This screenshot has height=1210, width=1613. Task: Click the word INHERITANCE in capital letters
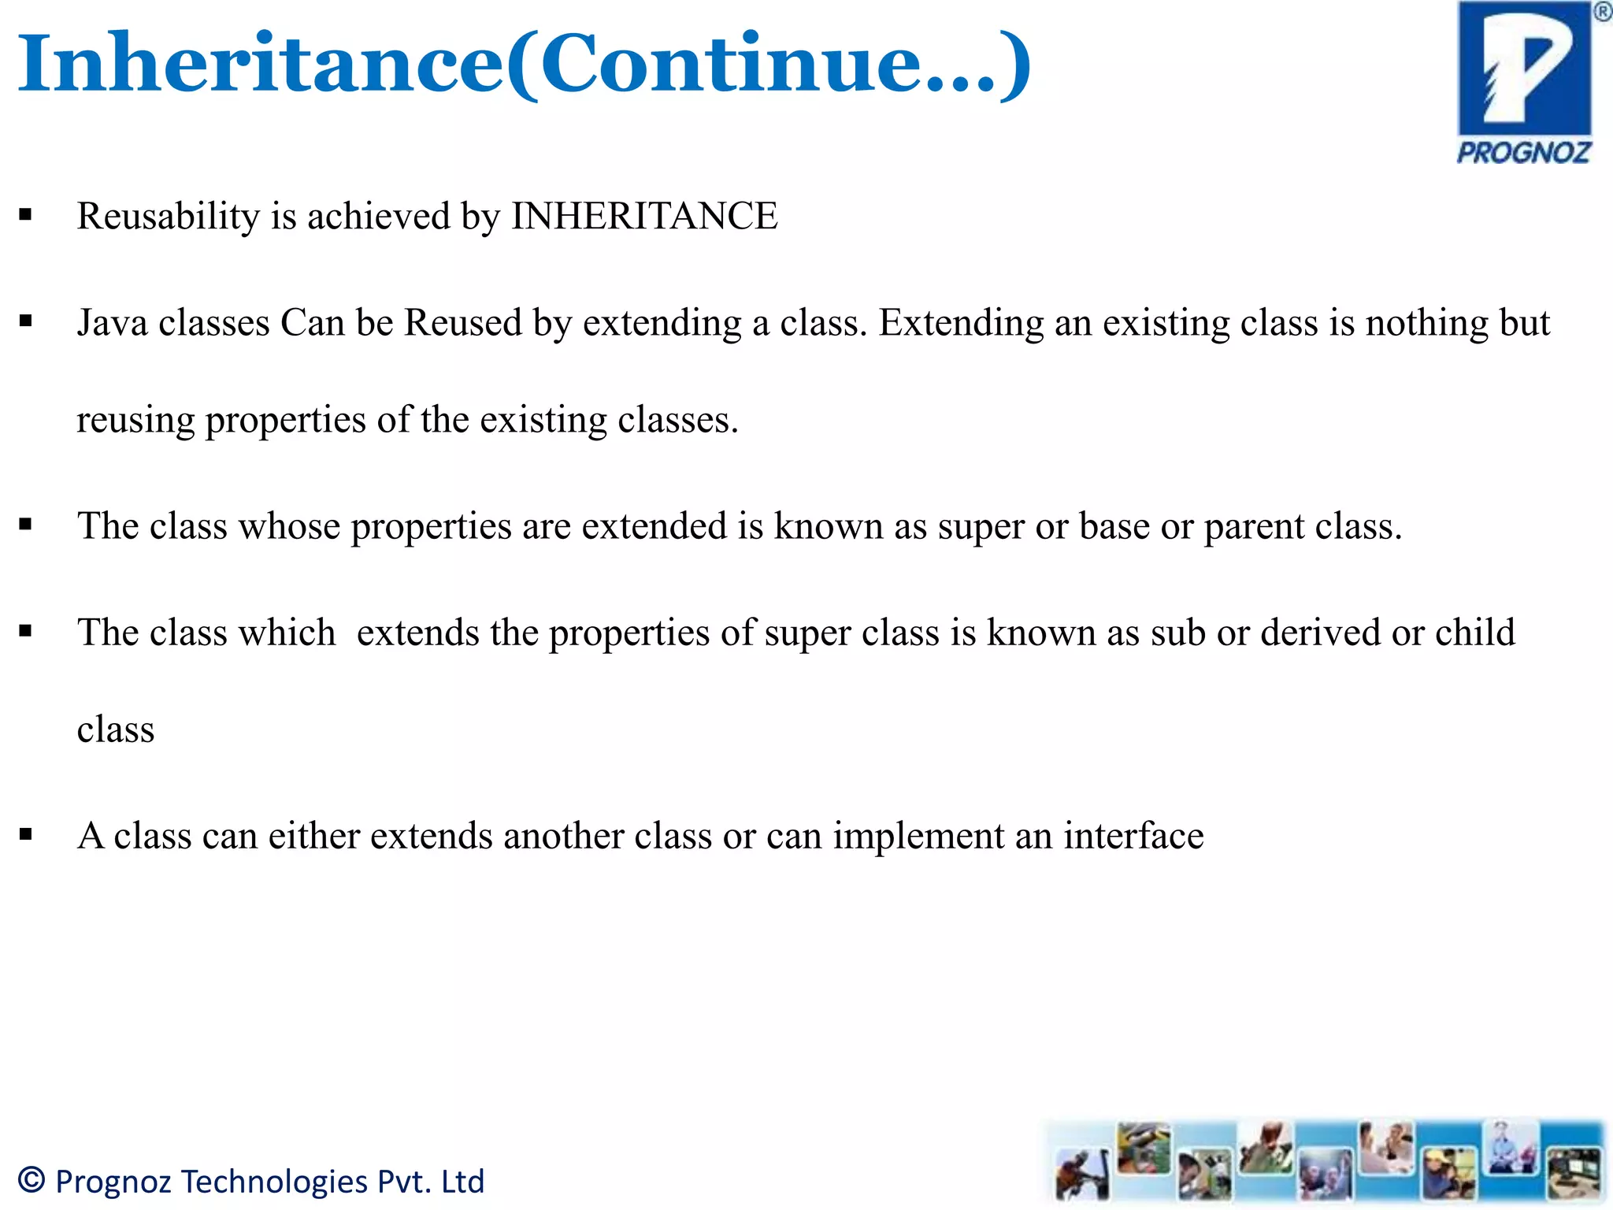[x=644, y=217]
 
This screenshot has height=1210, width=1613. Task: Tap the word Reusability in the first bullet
[x=168, y=217]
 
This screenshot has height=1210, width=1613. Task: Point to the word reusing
[x=135, y=421]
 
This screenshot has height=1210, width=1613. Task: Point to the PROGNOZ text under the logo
[x=1523, y=153]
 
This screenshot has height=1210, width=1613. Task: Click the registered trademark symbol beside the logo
[x=1602, y=12]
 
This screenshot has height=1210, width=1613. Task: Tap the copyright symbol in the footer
[x=32, y=1180]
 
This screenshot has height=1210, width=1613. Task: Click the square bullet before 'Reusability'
[x=26, y=215]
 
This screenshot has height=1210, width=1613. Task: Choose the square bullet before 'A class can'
[x=26, y=834]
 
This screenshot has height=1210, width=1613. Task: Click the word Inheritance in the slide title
[x=260, y=63]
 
